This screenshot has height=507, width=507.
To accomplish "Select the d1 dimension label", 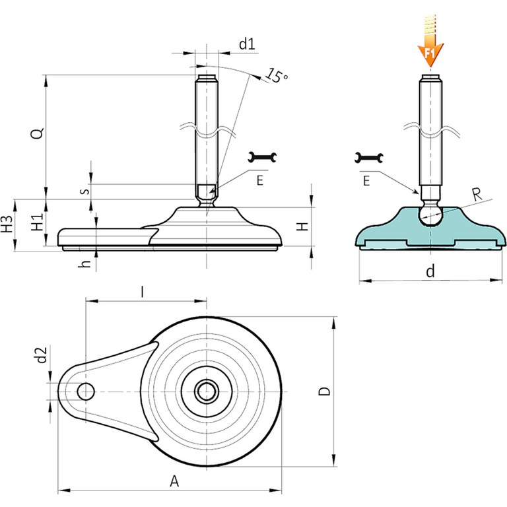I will [247, 44].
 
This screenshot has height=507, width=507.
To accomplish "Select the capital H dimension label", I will [302, 226].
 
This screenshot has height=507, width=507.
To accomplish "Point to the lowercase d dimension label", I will [430, 271].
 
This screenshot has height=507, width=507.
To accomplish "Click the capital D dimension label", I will [324, 391].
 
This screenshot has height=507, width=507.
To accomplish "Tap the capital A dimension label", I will [174, 481].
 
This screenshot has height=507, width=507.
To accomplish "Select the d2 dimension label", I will [42, 357].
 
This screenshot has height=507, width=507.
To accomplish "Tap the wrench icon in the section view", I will [368, 158].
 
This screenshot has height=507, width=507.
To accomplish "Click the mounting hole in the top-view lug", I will [85, 391].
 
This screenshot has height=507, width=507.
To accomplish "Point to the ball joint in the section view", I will [430, 214].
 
